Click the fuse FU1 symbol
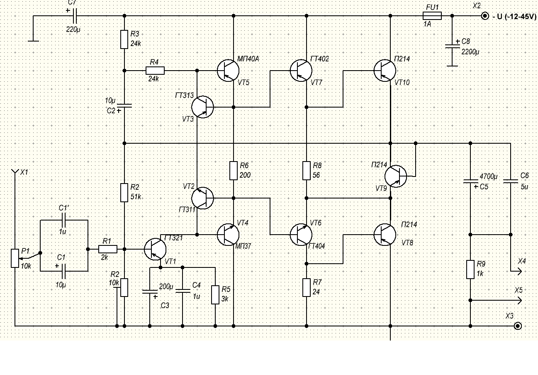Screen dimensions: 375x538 [432, 16]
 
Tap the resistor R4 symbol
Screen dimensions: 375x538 [155, 71]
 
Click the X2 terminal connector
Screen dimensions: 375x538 [484, 16]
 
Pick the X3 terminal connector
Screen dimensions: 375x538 [517, 326]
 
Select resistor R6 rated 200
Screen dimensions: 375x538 [234, 170]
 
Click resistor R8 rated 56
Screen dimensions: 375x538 [307, 170]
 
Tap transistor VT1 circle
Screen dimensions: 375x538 [155, 249]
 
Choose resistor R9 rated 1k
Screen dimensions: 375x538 [470, 269]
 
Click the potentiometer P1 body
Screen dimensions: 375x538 [15, 258]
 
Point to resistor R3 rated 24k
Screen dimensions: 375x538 [124, 39]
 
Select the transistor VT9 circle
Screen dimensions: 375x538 [395, 176]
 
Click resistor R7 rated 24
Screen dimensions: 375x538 [307, 287]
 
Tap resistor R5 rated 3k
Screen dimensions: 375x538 [215, 294]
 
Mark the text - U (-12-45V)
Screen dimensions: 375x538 [514, 17]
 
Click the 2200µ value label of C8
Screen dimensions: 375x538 [470, 52]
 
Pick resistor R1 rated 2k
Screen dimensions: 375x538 [108, 249]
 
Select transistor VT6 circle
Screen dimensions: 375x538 [301, 234]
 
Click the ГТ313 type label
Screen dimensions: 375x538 [184, 96]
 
